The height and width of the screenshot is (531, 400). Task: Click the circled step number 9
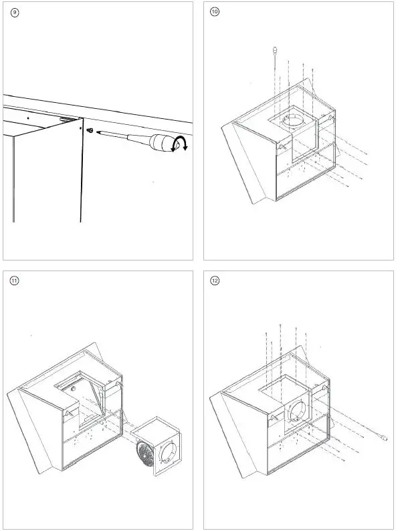pyautogui.click(x=15, y=13)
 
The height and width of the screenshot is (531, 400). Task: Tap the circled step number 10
pyautogui.click(x=215, y=12)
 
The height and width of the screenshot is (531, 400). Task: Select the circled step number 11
pyautogui.click(x=14, y=281)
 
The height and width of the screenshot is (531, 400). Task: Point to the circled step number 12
pyautogui.click(x=215, y=281)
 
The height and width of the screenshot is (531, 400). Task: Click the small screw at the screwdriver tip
pyautogui.click(x=90, y=130)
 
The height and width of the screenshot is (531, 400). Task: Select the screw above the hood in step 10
pyautogui.click(x=274, y=50)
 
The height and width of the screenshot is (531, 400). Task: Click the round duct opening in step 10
pyautogui.click(x=293, y=122)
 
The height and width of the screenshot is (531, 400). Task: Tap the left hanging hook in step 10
pyautogui.click(x=281, y=147)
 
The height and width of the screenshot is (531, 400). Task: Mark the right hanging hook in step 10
pyautogui.click(x=330, y=118)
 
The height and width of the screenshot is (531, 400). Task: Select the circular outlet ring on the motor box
pyautogui.click(x=168, y=452)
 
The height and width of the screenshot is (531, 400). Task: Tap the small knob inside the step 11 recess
pyautogui.click(x=73, y=389)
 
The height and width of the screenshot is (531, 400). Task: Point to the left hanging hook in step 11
pyautogui.click(x=68, y=414)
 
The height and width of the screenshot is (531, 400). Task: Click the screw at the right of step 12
pyautogui.click(x=384, y=438)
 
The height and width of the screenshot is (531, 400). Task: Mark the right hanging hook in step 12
pyautogui.click(x=324, y=387)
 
